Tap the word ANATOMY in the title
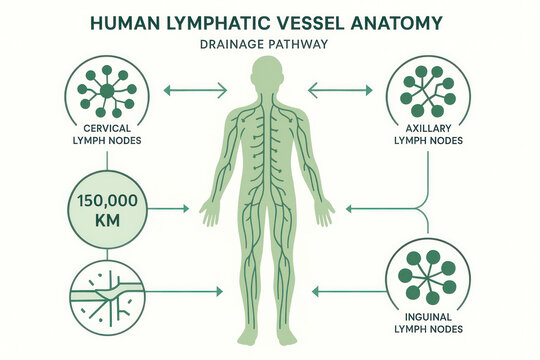pos(407,21)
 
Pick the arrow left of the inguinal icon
pos(345,292)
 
